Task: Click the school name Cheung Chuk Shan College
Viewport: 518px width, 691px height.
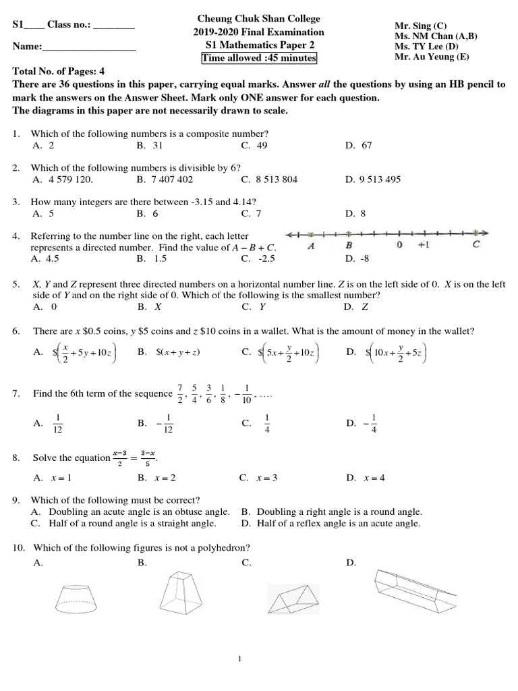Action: coord(258,18)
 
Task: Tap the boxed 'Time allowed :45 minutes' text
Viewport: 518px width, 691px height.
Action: coord(259,59)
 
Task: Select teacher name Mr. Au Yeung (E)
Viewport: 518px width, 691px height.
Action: coord(431,57)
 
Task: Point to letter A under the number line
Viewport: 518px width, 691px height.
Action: coord(311,246)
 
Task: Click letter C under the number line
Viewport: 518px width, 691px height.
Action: coord(476,246)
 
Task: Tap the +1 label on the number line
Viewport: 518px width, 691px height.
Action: coord(422,246)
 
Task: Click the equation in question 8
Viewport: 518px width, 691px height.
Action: coord(132,458)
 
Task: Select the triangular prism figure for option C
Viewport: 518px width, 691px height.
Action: coord(293,598)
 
